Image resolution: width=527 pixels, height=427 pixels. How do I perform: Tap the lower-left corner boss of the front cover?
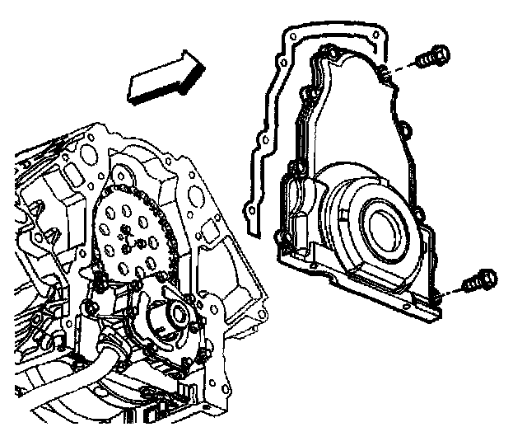285,242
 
